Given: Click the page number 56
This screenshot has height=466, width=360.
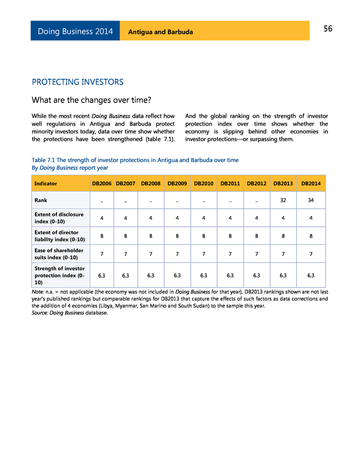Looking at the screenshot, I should point(328,29).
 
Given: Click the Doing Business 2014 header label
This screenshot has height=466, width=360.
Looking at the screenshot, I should point(75,32).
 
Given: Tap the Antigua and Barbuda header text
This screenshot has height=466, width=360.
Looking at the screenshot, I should point(160,32).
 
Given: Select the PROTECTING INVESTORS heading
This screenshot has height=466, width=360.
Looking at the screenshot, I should point(78,82).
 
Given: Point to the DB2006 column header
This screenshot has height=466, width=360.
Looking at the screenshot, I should point(101,183).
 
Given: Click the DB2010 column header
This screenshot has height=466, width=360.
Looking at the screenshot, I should point(204,183).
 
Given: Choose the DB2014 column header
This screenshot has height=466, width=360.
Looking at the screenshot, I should point(311,183).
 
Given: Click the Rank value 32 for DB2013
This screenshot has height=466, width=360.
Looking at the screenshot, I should point(283,200).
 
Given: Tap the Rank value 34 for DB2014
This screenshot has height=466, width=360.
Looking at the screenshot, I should point(311,200).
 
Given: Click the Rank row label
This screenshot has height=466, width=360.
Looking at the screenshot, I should point(40,200).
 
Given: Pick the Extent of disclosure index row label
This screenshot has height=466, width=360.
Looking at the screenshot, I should point(59,218).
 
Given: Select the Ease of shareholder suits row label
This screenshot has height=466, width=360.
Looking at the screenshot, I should point(59,254).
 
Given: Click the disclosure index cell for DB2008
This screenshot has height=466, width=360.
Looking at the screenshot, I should point(151,218).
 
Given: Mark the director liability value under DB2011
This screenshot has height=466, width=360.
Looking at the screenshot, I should point(230,236).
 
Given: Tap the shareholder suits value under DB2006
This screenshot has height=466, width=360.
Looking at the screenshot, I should point(101,254).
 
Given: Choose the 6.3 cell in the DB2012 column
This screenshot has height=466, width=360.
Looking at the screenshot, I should point(256,276).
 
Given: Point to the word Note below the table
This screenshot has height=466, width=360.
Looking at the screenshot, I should point(38,292).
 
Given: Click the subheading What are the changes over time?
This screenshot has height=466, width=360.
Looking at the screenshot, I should point(91,101).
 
